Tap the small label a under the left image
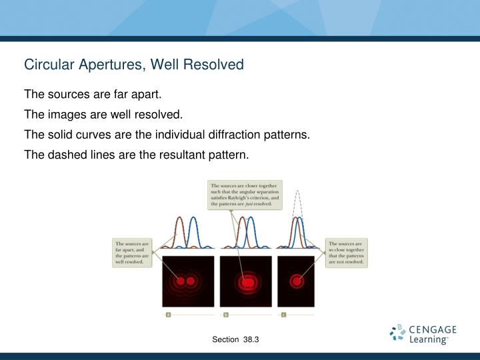[168, 314]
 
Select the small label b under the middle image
[226, 314]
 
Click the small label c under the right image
[283, 314]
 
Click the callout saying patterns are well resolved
[133, 253]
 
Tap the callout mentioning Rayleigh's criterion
[235, 195]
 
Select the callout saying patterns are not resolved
[347, 253]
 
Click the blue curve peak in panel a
[193, 219]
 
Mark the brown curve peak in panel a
[180, 219]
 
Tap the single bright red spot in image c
[297, 281]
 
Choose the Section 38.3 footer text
[235, 340]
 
